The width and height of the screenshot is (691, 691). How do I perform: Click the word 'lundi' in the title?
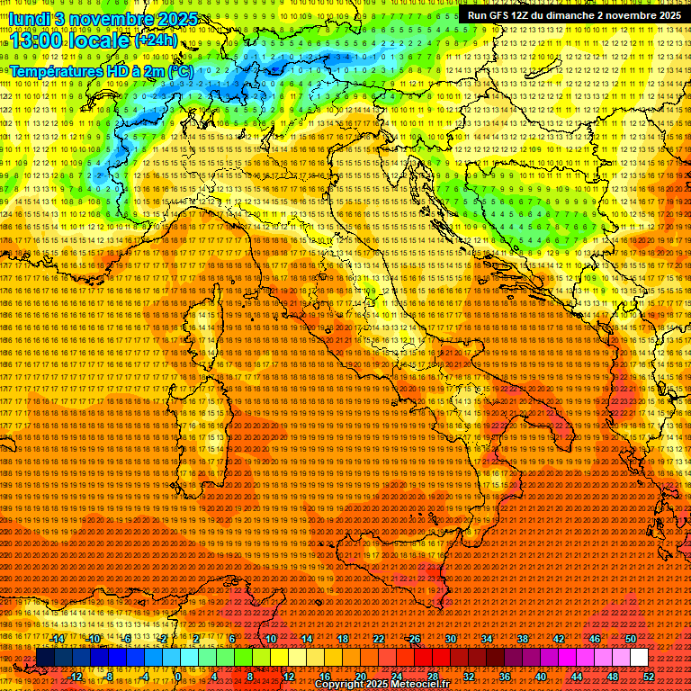[28, 18]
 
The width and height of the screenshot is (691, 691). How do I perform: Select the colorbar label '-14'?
[58, 639]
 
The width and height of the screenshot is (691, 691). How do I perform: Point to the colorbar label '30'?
[451, 639]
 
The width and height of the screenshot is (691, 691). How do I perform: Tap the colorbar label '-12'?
[76, 677]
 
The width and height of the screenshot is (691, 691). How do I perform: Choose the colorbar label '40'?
[541, 677]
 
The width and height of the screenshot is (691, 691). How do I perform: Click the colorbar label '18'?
[343, 639]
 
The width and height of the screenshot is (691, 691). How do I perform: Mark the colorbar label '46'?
[595, 639]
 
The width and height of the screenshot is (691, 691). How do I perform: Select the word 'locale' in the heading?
[102, 41]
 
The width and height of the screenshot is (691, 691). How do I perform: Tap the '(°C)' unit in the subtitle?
[180, 70]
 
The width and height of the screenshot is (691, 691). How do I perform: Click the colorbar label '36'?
[505, 677]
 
